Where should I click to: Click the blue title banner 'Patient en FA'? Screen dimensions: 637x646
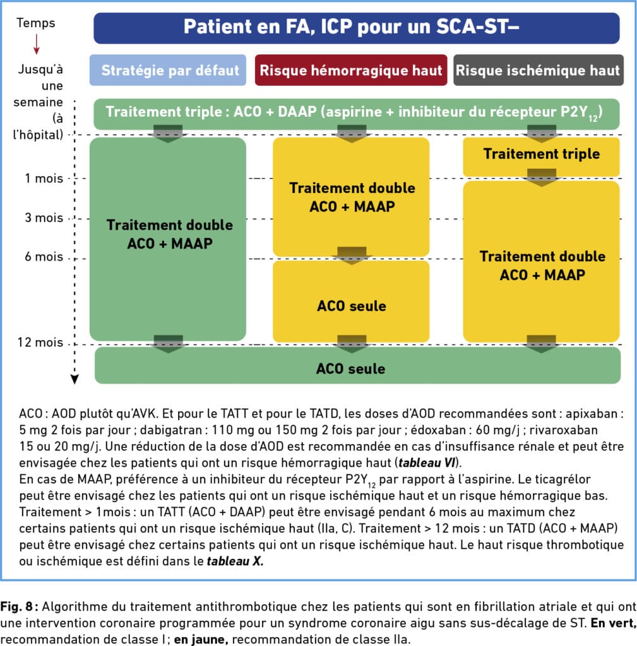357,28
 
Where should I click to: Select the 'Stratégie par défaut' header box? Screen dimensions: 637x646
168,70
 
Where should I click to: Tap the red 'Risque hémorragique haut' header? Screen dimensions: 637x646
351,70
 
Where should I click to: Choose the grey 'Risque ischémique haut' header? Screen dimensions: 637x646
539,70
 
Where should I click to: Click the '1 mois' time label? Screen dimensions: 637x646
44,179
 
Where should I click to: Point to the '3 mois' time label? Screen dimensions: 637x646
44,218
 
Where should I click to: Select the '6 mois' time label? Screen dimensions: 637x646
44,257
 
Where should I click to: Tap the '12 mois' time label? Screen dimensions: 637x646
40,343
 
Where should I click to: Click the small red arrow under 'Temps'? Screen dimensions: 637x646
36,45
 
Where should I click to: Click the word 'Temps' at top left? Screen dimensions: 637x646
36,23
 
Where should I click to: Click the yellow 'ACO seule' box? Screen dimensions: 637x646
351,301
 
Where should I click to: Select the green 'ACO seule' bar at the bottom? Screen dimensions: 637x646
357,365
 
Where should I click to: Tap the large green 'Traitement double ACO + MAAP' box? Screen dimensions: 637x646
168,239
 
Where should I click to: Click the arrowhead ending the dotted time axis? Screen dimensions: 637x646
74,380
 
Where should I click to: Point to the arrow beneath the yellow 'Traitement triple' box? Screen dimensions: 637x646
541,177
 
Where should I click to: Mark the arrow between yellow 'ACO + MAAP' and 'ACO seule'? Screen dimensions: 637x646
352,255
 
